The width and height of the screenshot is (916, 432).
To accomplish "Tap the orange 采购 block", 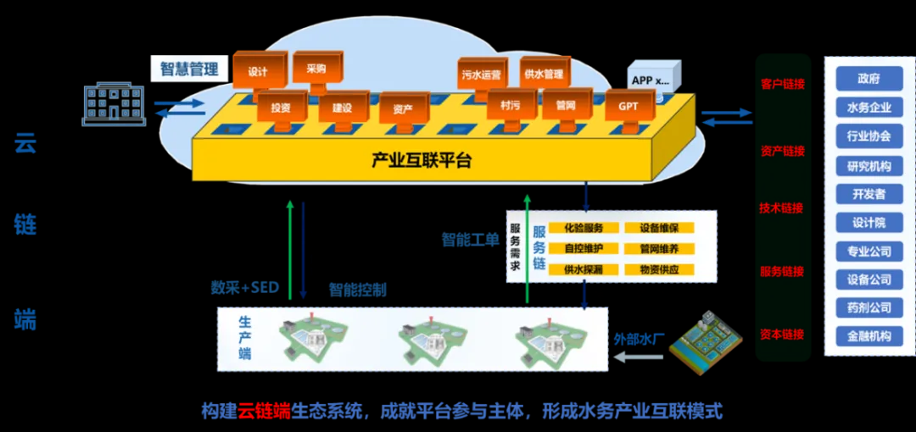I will click(316, 68).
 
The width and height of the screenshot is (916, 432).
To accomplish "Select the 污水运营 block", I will click(481, 75).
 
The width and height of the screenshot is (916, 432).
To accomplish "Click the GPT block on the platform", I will click(628, 106).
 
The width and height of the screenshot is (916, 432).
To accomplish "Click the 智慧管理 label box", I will click(189, 69).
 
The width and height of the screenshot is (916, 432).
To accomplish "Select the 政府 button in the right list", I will click(869, 79).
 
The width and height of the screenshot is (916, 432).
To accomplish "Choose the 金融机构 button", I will click(869, 336).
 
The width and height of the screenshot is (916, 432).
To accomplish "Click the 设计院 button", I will click(869, 223).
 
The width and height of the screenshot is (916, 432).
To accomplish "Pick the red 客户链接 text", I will click(782, 84).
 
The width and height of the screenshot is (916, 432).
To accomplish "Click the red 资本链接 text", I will click(782, 335).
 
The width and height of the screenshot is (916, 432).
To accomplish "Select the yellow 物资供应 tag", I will click(659, 269).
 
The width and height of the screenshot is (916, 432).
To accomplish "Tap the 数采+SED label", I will click(245, 287).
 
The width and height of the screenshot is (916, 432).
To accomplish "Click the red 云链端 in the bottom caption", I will click(263, 412).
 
